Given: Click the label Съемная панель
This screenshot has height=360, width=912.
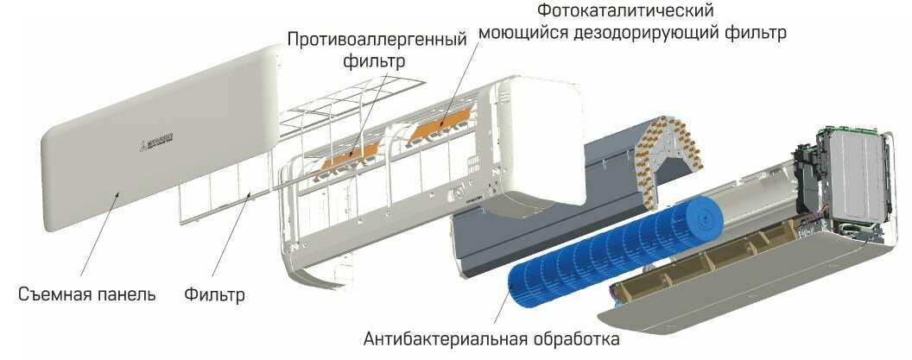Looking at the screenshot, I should tap(86, 294).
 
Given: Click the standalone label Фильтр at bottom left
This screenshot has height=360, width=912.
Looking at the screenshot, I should tap(214, 294).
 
